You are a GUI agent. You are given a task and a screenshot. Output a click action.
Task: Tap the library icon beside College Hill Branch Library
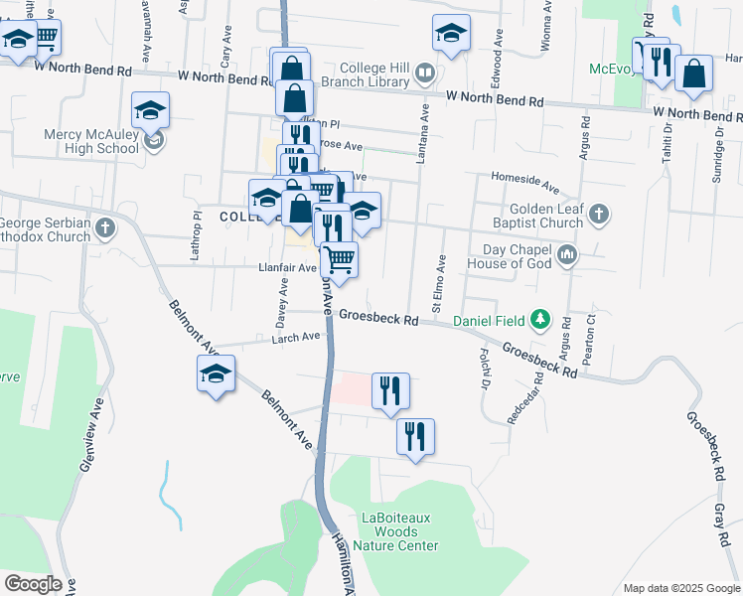click(425, 72)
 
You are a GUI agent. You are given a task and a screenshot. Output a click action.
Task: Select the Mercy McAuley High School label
click(90, 141)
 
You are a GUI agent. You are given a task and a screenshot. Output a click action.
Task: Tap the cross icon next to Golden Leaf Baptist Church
click(598, 214)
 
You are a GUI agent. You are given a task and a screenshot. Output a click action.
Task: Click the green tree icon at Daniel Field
click(540, 320)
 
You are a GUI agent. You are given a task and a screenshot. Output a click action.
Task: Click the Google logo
click(34, 584)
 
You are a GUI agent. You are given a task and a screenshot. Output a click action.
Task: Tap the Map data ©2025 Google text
click(680, 588)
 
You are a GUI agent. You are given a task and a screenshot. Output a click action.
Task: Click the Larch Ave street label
click(297, 337)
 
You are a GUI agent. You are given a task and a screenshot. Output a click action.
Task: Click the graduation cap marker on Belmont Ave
click(216, 375)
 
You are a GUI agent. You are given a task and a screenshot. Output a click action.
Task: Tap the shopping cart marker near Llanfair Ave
click(340, 259)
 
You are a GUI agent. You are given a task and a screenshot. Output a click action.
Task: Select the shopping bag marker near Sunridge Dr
click(693, 73)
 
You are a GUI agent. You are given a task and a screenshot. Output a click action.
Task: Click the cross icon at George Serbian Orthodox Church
click(106, 229)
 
